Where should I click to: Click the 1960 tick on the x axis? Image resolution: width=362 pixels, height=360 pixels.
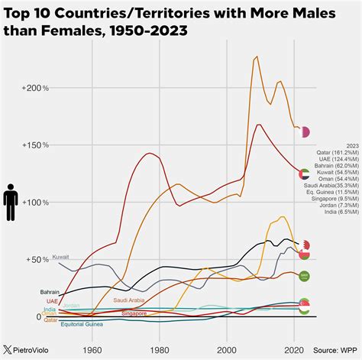click(91, 349)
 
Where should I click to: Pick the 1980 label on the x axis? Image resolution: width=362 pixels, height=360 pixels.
click(159, 349)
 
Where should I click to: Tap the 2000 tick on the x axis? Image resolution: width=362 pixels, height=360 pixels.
click(226, 349)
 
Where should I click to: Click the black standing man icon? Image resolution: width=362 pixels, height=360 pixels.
click(11, 203)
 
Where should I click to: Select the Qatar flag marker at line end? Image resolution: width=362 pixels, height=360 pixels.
click(305, 132)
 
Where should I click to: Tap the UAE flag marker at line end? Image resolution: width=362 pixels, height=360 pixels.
click(304, 174)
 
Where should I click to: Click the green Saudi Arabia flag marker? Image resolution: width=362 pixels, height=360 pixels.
click(304, 276)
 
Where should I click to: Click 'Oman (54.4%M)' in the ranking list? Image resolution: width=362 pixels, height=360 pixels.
click(338, 179)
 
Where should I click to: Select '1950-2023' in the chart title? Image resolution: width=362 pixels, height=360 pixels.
click(144, 30)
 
